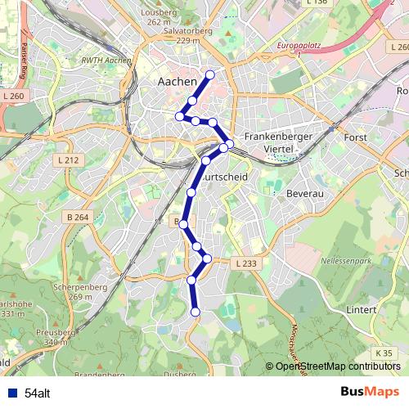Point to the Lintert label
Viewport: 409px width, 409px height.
click(x=361, y=310)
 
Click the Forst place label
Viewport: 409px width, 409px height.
click(x=356, y=137)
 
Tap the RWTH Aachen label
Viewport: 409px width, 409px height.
click(x=106, y=61)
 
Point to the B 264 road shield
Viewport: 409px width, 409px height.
click(x=78, y=218)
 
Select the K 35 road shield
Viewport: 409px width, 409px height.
click(x=385, y=352)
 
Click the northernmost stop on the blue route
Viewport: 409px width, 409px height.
click(x=210, y=75)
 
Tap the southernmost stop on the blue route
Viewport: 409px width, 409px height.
click(x=196, y=312)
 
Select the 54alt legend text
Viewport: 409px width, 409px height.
click(x=37, y=393)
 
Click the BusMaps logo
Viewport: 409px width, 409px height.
click(x=370, y=392)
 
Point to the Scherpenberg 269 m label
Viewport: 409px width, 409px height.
click(x=70, y=291)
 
